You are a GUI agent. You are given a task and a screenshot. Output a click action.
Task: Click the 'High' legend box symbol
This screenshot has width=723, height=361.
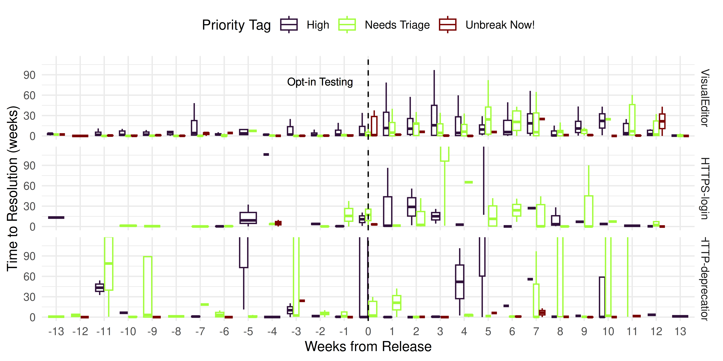point(289,25)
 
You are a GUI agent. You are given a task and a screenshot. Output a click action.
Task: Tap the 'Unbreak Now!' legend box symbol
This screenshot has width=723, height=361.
point(448,25)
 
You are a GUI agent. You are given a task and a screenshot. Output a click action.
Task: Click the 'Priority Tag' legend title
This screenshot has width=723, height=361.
point(236,25)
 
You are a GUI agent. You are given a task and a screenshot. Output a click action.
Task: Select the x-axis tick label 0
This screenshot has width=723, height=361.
point(368,332)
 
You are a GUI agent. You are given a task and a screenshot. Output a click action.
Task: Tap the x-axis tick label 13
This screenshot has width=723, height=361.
point(680,332)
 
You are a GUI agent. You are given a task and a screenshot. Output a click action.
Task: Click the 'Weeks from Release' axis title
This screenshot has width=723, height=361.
point(368,346)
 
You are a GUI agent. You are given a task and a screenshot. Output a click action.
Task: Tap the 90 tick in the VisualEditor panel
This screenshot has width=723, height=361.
point(29,75)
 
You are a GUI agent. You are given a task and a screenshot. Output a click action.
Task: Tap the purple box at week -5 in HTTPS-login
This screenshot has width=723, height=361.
point(248,218)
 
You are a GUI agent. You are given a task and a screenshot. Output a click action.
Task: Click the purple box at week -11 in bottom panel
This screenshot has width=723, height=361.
point(100,288)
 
